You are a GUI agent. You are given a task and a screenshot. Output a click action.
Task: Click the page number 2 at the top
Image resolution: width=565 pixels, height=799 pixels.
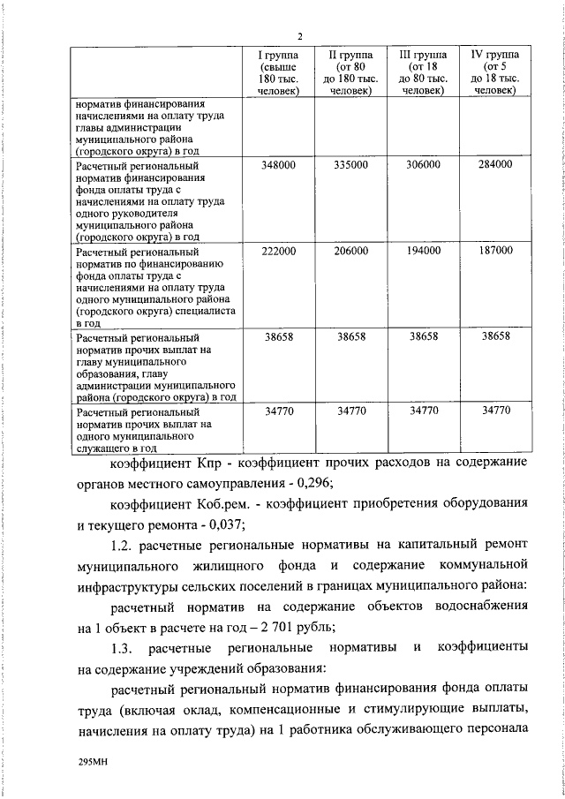coord(300,36)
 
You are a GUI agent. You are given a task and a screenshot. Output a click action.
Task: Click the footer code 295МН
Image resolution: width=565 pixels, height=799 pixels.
coord(93,759)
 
